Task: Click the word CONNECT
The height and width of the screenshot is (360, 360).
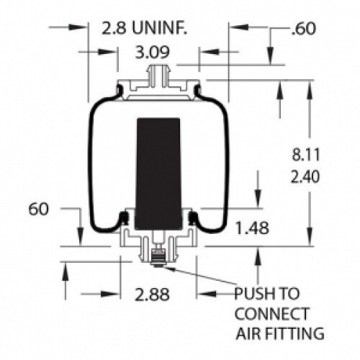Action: [x=271, y=314]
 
